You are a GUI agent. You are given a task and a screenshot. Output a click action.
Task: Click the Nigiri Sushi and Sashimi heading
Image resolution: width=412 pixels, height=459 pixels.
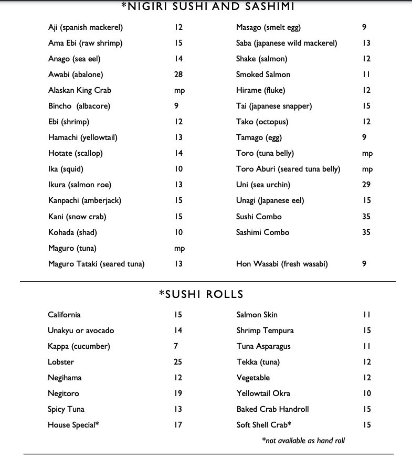pos(207,7)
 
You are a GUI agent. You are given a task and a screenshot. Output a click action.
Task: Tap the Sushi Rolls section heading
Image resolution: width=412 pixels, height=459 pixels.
pos(201,295)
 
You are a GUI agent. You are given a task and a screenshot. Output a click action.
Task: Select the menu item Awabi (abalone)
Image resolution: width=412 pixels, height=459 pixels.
pos(76,74)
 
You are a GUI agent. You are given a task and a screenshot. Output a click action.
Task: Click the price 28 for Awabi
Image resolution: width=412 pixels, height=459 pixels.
pos(178,74)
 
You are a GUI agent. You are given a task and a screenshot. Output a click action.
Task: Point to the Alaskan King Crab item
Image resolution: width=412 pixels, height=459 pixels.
pos(80,90)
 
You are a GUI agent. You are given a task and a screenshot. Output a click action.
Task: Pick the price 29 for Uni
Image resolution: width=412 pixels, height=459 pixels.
pos(366,185)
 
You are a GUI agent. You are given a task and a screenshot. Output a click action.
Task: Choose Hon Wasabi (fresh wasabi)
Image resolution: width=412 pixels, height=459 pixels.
pos(282,264)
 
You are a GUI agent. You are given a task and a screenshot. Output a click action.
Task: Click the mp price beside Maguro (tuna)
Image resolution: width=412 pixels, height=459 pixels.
pos(179,248)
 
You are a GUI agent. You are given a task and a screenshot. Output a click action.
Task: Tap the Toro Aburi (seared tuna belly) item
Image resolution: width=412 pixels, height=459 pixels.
pos(288,169)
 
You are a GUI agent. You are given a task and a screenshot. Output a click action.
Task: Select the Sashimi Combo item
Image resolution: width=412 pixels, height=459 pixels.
pos(262,232)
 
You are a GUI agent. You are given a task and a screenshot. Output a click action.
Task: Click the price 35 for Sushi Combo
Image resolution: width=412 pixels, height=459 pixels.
pos(366,217)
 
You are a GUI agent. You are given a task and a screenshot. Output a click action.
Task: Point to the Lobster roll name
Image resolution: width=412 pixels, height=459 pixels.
pos(61,362)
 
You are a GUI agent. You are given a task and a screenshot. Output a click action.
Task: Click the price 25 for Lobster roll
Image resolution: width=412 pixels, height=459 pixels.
pos(178,362)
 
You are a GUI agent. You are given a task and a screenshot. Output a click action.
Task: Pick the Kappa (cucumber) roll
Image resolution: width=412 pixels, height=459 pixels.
pos(79,346)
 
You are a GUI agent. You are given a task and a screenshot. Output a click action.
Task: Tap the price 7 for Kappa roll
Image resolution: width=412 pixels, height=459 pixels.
pos(176,346)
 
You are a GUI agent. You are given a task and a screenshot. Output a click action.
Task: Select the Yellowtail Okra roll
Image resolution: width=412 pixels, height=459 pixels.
pos(263,393)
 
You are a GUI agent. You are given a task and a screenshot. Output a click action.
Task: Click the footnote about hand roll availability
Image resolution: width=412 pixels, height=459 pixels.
pos(303,441)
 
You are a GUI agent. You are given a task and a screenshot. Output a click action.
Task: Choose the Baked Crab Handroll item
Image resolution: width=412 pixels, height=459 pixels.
pos(273,409)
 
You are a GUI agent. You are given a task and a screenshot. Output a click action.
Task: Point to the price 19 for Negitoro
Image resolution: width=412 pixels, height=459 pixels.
pos(178,393)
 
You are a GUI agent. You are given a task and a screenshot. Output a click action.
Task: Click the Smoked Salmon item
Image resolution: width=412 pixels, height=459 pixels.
pos(263,74)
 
